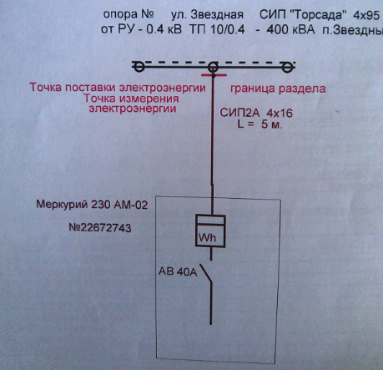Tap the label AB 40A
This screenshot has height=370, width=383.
point(178,271)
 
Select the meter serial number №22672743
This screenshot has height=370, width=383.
point(100,227)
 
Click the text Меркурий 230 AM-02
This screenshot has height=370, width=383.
point(92,205)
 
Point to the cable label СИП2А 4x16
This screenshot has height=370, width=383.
point(256,113)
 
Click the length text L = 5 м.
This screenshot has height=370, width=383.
point(260,124)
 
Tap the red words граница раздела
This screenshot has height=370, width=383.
point(278,89)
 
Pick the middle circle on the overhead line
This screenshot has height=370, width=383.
point(213,63)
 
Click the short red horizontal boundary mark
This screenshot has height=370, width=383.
point(214,75)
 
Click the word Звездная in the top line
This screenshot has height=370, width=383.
point(217,14)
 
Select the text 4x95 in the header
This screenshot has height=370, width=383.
point(366,16)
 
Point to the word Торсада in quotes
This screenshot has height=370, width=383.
point(318,15)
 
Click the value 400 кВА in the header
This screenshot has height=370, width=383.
point(290,29)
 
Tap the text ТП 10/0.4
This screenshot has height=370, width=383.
point(217,29)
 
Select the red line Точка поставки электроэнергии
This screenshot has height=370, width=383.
point(118,87)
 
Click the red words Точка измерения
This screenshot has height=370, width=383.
point(131,98)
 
